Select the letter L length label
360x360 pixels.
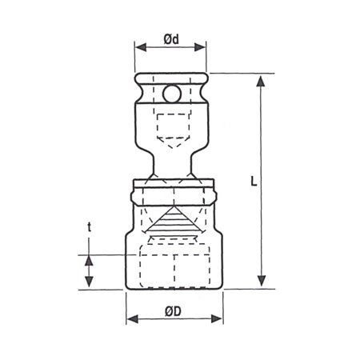point(252,182)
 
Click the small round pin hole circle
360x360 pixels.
point(171,94)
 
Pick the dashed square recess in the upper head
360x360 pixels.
point(171,125)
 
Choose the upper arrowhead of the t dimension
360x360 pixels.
point(89,258)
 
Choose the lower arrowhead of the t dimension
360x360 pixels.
point(89,282)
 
